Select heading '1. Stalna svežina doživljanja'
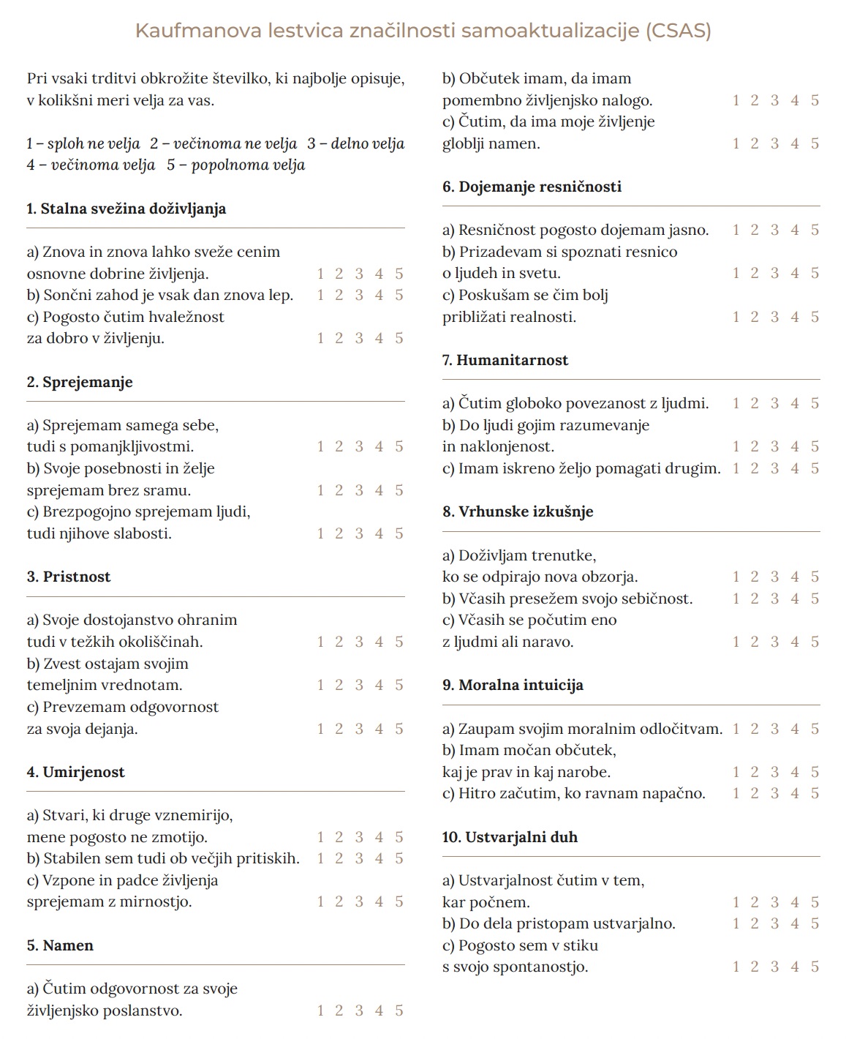pyautogui.click(x=127, y=209)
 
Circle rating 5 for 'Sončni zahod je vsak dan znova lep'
pyautogui.click(x=399, y=295)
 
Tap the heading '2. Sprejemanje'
pyautogui.click(x=80, y=382)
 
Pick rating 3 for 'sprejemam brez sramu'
pyautogui.click(x=359, y=490)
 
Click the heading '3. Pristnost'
pyautogui.click(x=69, y=577)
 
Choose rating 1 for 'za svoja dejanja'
pyautogui.click(x=320, y=729)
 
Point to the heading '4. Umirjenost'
pyautogui.click(x=76, y=772)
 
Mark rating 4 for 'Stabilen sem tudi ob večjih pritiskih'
pyautogui.click(x=379, y=858)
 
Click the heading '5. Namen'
pyautogui.click(x=60, y=945)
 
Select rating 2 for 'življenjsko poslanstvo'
pyautogui.click(x=339, y=1010)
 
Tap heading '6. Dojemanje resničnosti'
pyautogui.click(x=532, y=187)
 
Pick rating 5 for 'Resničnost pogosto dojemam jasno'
pyautogui.click(x=815, y=230)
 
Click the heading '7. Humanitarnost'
pyautogui.click(x=505, y=360)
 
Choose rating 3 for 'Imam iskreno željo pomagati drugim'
pyautogui.click(x=774, y=468)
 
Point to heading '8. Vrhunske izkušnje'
pyautogui.click(x=518, y=511)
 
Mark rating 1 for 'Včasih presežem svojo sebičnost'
pyautogui.click(x=736, y=599)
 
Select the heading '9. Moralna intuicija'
pyautogui.click(x=513, y=685)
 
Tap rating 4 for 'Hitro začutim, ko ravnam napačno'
pyautogui.click(x=795, y=793)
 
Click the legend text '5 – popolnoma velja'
pyautogui.click(x=235, y=165)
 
